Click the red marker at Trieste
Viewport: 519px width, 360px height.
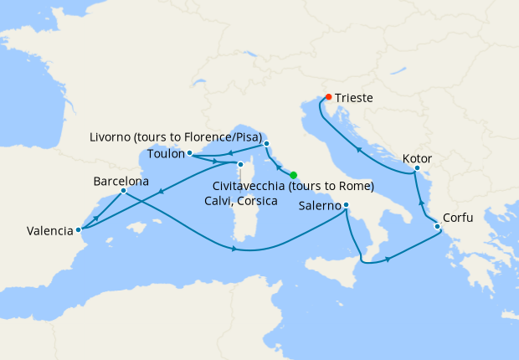328,97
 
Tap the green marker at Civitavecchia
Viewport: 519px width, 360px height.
293,175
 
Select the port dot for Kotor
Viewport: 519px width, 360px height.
415,171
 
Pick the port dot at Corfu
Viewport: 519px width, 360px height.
437,226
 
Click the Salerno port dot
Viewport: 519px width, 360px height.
346,206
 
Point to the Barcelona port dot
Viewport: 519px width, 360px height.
123,191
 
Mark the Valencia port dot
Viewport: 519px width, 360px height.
78,229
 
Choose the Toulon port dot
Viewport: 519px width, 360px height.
190,153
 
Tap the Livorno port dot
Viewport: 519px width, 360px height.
267,145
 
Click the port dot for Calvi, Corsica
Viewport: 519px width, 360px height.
240,164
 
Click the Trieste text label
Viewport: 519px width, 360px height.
355,98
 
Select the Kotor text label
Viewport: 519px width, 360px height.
417,157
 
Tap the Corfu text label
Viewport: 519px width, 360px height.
458,218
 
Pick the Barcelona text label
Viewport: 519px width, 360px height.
121,180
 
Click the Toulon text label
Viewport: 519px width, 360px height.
166,154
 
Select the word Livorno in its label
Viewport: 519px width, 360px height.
110,136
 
